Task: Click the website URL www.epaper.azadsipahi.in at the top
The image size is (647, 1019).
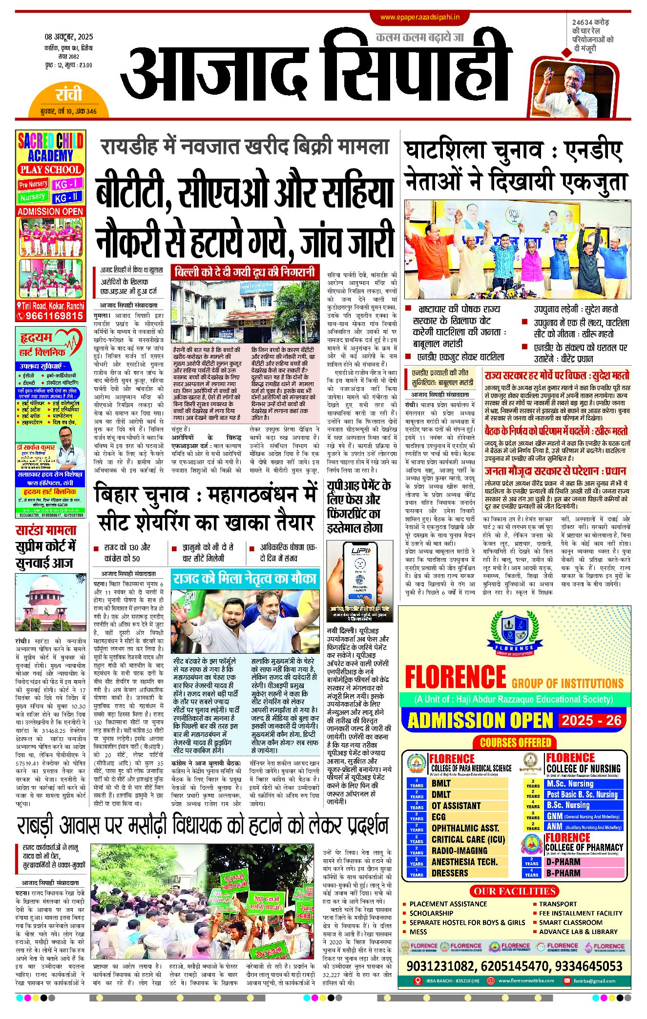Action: [x=419, y=17]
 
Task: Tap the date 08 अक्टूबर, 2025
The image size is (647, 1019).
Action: [x=69, y=37]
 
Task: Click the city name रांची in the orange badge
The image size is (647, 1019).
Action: [x=69, y=94]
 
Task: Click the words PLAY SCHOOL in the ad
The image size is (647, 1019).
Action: [x=50, y=170]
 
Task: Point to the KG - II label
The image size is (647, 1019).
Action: [x=68, y=198]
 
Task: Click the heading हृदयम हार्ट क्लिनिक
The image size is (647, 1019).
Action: [x=42, y=344]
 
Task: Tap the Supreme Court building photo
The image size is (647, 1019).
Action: [x=51, y=602]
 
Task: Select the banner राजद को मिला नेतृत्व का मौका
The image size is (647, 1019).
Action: [x=245, y=579]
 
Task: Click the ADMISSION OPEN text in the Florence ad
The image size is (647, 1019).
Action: [x=480, y=721]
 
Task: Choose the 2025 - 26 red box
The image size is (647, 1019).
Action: [x=591, y=720]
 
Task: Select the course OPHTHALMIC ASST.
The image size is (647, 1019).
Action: [x=465, y=828]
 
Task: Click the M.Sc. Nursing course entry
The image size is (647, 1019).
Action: [x=570, y=784]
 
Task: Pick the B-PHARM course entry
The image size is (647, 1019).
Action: [x=563, y=873]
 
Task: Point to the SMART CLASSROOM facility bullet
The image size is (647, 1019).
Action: [x=570, y=922]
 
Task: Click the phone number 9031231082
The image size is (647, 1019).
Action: [x=441, y=966]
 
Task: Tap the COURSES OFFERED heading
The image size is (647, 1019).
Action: [x=515, y=743]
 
